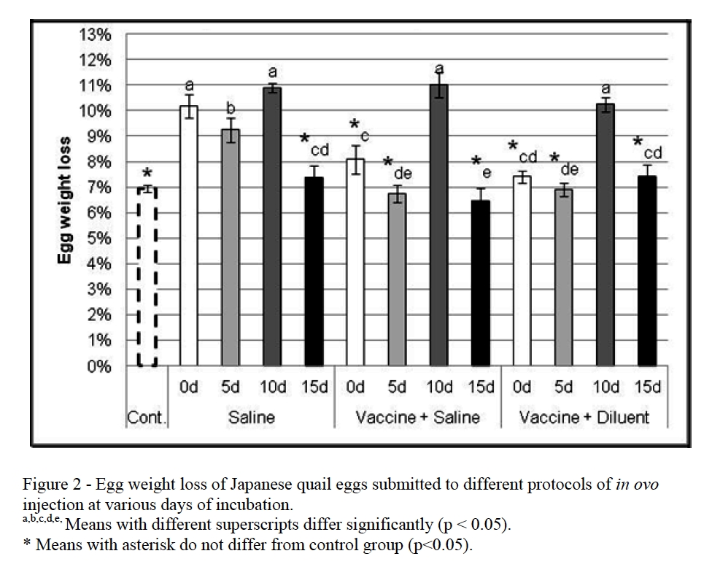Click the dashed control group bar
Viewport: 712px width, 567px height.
click(147, 277)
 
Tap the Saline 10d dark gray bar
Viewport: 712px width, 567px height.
click(271, 227)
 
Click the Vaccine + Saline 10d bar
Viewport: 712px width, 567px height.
click(438, 225)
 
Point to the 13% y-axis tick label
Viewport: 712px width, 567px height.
click(96, 35)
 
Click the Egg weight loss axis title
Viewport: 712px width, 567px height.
click(66, 200)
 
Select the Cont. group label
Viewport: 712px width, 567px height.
click(147, 417)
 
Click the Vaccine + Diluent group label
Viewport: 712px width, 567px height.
click(584, 417)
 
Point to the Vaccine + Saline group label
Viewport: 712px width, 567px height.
click(417, 417)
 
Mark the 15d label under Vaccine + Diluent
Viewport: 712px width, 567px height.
click(646, 387)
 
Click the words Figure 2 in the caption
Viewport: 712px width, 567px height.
click(49, 485)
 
